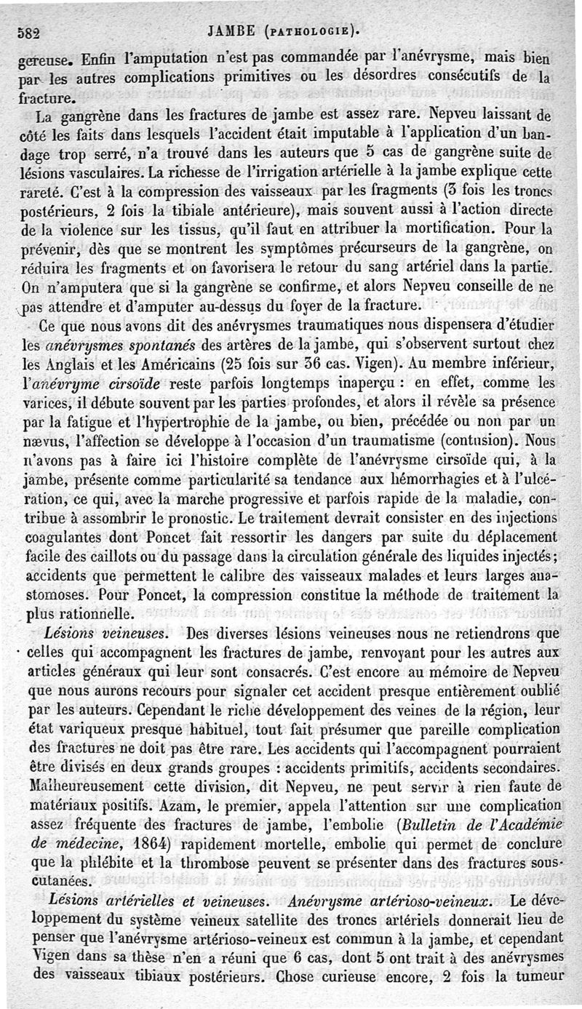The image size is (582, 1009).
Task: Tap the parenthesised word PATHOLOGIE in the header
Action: click(312, 31)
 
